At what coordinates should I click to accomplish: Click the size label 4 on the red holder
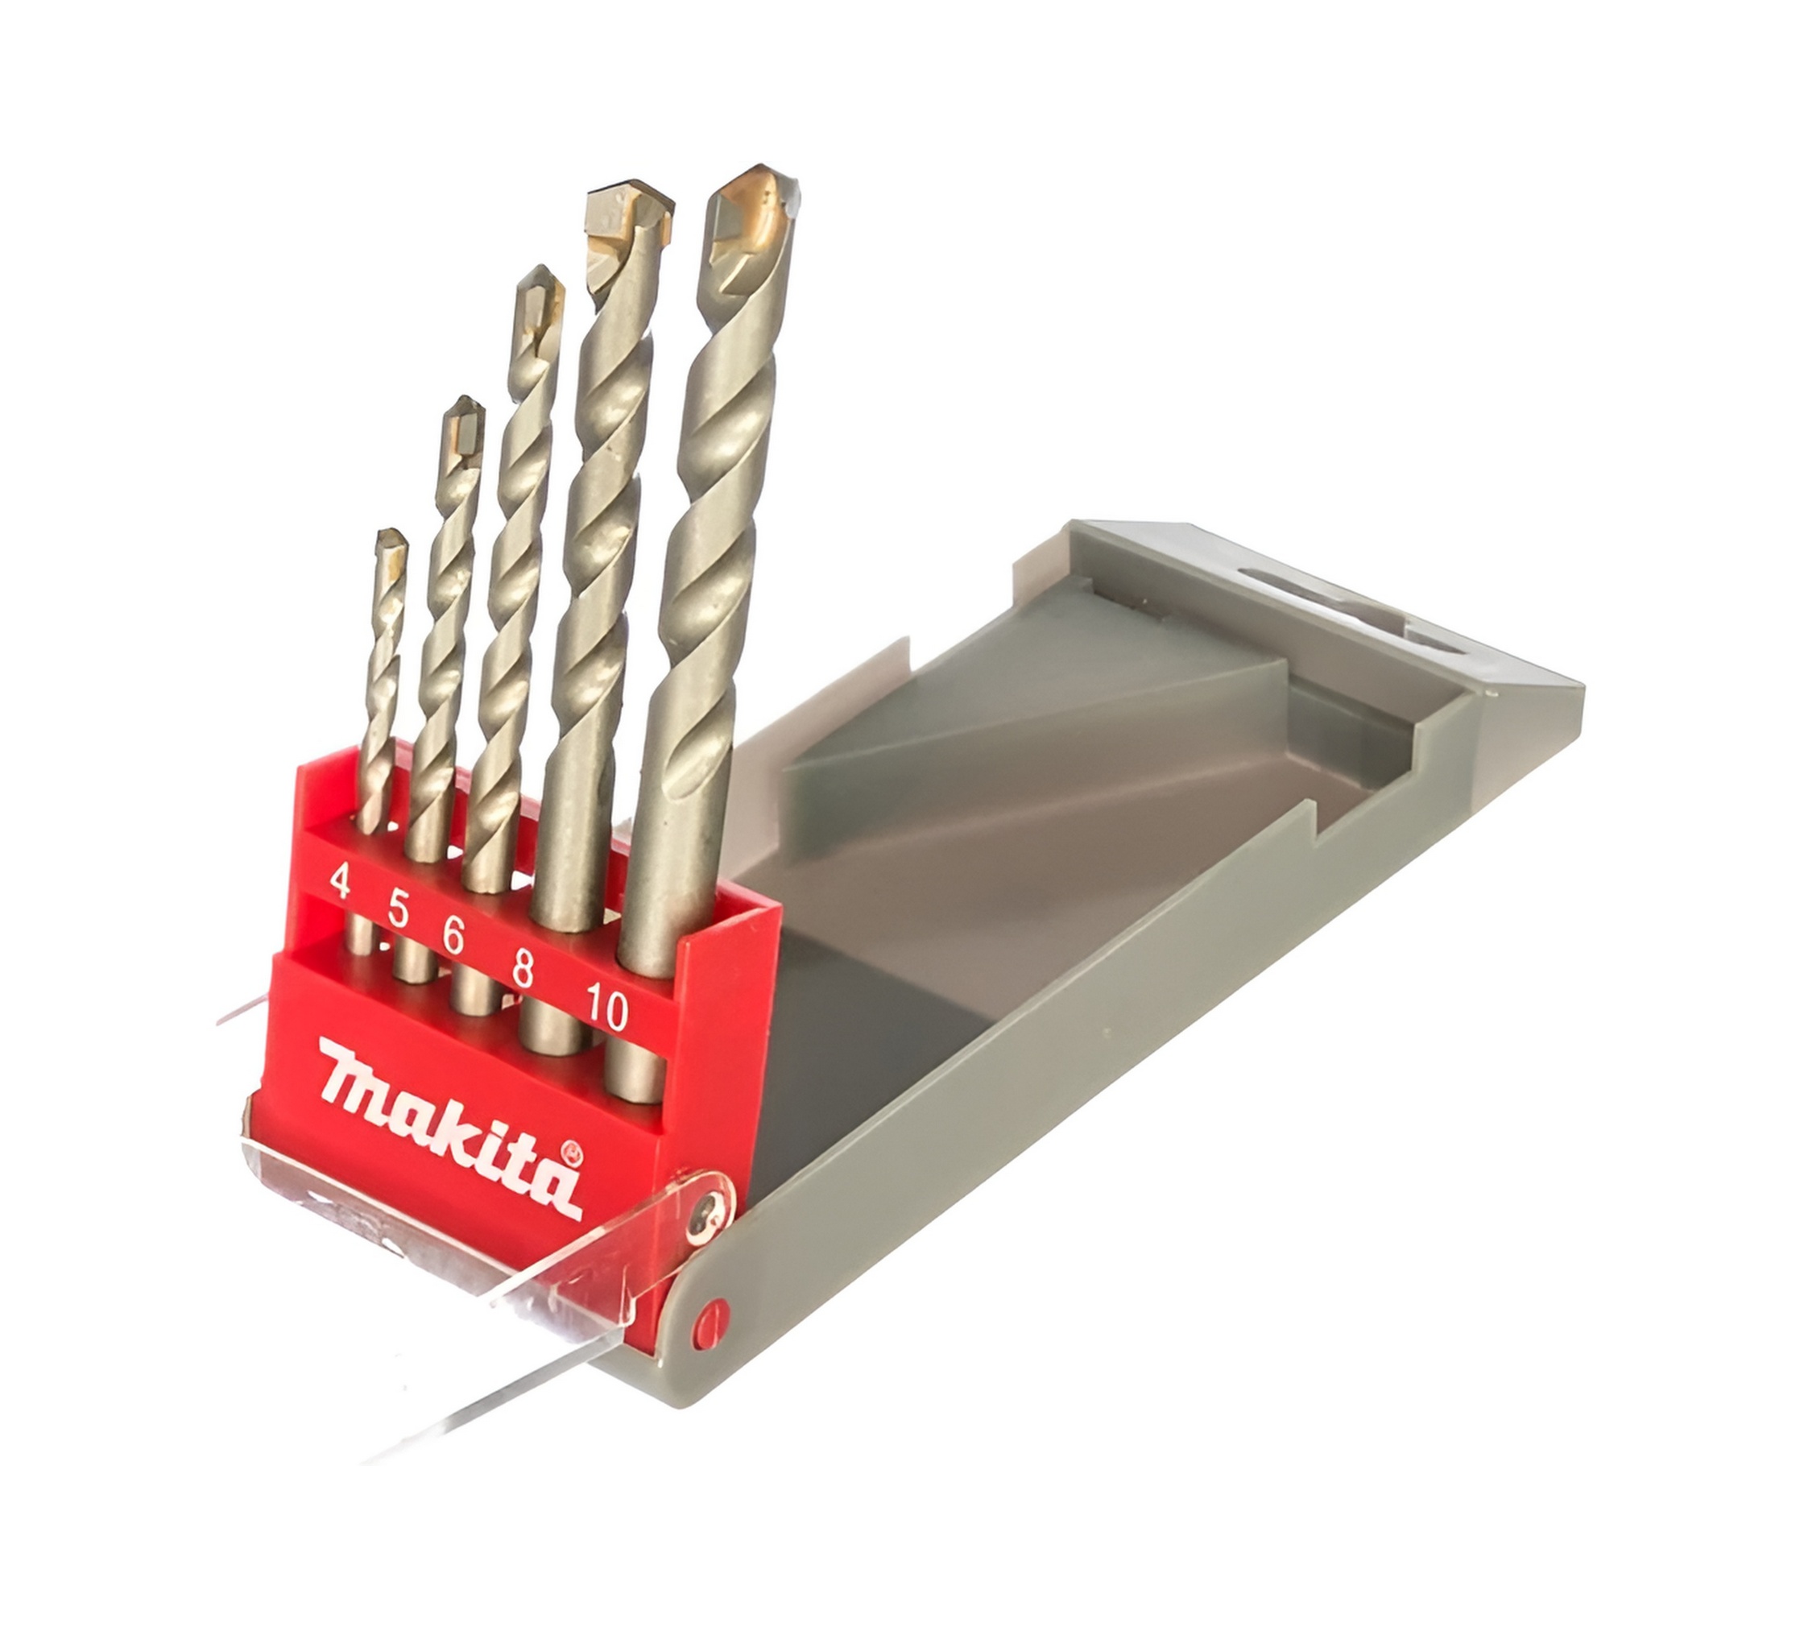click(x=339, y=881)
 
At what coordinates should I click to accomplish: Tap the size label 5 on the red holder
click(x=399, y=910)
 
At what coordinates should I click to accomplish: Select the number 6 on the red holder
click(x=453, y=936)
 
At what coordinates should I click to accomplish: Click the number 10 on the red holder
click(x=607, y=1007)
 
